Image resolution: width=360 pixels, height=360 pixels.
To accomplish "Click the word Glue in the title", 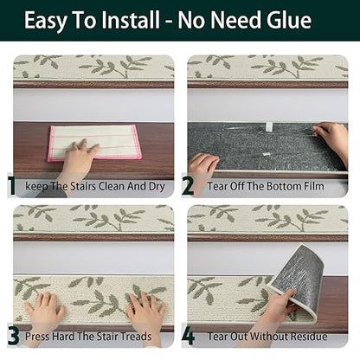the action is tap(288, 21).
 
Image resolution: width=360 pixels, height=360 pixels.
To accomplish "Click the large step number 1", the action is tap(12, 186).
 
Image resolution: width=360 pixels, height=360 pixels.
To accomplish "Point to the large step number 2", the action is tap(188, 186).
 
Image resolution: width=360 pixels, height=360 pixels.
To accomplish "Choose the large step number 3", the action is tap(13, 337).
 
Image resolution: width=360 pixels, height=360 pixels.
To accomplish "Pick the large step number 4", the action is tap(188, 337).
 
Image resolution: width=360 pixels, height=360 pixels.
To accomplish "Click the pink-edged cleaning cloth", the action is tap(95, 143).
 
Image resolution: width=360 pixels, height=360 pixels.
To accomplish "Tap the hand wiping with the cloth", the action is tap(77, 162).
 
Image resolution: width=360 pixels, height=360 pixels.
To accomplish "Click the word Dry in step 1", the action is tap(157, 187).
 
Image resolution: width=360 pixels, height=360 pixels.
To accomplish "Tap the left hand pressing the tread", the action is tap(46, 306).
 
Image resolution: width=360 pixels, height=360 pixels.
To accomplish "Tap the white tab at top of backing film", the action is tap(269, 126).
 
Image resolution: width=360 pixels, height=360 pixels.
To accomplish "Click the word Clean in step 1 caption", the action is tap(112, 186).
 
